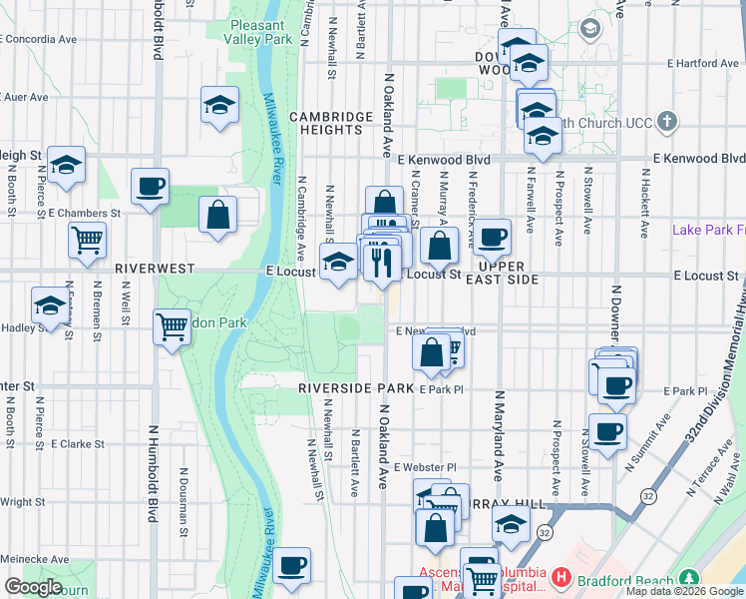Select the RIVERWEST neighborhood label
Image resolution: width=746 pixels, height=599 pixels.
tap(153, 270)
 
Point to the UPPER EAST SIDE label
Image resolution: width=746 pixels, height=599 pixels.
tap(508, 273)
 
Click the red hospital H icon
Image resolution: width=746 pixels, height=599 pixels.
tap(562, 577)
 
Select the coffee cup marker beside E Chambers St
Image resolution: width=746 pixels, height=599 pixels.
tap(150, 186)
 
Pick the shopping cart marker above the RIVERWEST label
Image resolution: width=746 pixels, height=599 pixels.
tap(88, 239)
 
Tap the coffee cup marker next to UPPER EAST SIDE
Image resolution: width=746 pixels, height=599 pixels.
tap(492, 238)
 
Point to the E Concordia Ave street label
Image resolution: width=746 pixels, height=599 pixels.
tap(40, 40)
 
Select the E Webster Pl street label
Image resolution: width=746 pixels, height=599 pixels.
tap(424, 467)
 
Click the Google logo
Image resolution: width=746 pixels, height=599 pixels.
tap(33, 587)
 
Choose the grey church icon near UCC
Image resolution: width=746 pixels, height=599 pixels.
tap(668, 123)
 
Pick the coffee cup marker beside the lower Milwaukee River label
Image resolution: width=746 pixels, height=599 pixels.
tap(292, 566)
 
